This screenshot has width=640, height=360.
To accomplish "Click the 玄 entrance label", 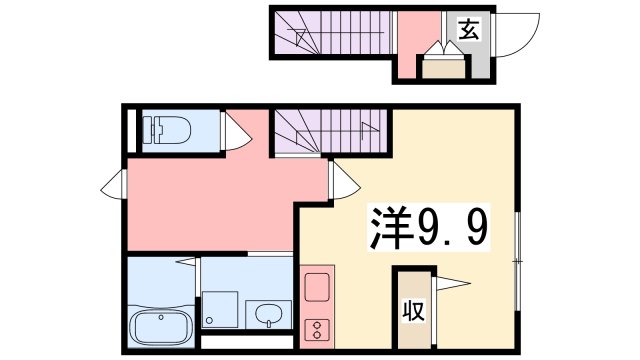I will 468,29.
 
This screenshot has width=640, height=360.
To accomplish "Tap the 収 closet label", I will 412,311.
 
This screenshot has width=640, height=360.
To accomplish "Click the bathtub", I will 159,325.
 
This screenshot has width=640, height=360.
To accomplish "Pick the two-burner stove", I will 316,328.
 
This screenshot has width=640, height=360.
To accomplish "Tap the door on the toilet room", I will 236,132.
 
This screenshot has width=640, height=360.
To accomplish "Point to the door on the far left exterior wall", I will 115,184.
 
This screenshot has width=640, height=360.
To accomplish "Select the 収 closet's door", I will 450,284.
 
